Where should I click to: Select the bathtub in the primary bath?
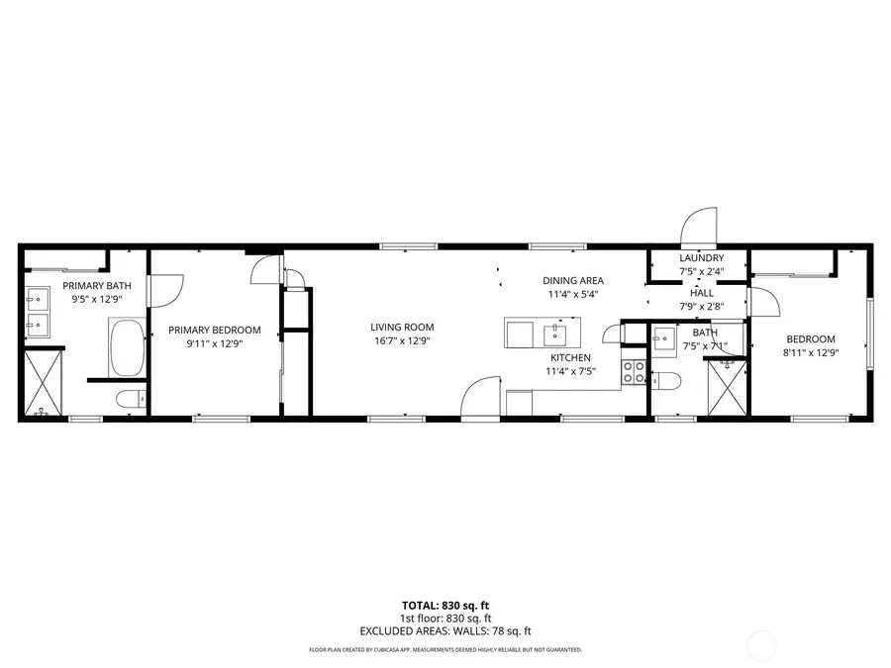coord(126,348)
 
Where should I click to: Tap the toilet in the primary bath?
coord(130,399)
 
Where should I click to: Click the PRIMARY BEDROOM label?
coord(214,330)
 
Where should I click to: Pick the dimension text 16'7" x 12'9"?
coord(402,340)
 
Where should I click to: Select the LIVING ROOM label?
coord(402,328)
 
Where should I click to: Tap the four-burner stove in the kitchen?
coord(634,372)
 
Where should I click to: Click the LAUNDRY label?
coord(701,258)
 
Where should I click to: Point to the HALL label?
coord(701,293)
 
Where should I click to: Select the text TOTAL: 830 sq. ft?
coord(445,604)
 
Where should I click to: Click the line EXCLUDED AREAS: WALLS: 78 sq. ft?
coord(445,630)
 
